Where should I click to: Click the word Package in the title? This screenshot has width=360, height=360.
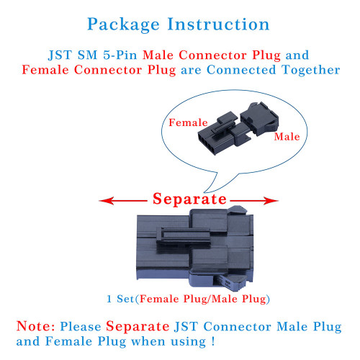[x=123, y=24]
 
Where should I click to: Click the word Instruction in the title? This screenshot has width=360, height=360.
[x=218, y=24]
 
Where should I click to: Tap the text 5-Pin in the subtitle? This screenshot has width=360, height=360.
[x=120, y=55]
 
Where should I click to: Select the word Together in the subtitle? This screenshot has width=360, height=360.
[x=311, y=70]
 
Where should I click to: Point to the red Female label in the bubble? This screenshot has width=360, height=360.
[x=188, y=122]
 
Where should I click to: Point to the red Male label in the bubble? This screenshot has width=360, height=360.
[x=287, y=137]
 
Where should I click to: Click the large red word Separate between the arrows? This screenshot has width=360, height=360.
[x=189, y=199]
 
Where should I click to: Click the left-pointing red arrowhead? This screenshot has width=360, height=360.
[x=107, y=201]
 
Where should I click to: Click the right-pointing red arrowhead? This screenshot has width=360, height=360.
[x=271, y=201]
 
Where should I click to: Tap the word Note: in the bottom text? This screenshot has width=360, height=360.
[x=35, y=326]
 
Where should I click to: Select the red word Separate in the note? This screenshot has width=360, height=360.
[x=138, y=326]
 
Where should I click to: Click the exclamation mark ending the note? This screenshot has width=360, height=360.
[x=213, y=341]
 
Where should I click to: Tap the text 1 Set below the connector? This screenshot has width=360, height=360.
[x=120, y=299]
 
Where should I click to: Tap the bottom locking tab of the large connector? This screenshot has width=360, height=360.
[x=232, y=283]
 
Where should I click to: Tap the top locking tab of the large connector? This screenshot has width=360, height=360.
[x=237, y=210]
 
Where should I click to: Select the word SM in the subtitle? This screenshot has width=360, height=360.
[x=87, y=55]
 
